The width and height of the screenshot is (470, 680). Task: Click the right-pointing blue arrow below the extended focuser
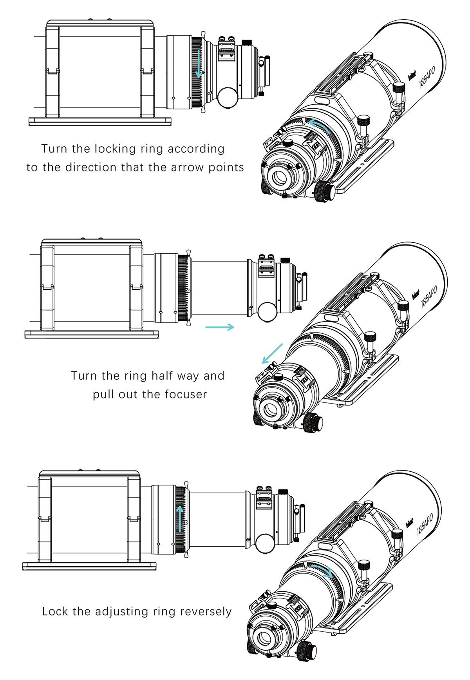[220, 327]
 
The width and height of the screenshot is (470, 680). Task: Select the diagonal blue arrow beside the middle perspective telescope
[272, 353]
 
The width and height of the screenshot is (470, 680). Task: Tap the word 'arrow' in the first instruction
[188, 167]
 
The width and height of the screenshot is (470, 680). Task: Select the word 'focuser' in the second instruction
[186, 395]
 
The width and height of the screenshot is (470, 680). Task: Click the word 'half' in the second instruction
[163, 376]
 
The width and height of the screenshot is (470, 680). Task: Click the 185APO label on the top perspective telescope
[427, 77]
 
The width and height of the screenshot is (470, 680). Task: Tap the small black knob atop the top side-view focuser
[247, 42]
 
